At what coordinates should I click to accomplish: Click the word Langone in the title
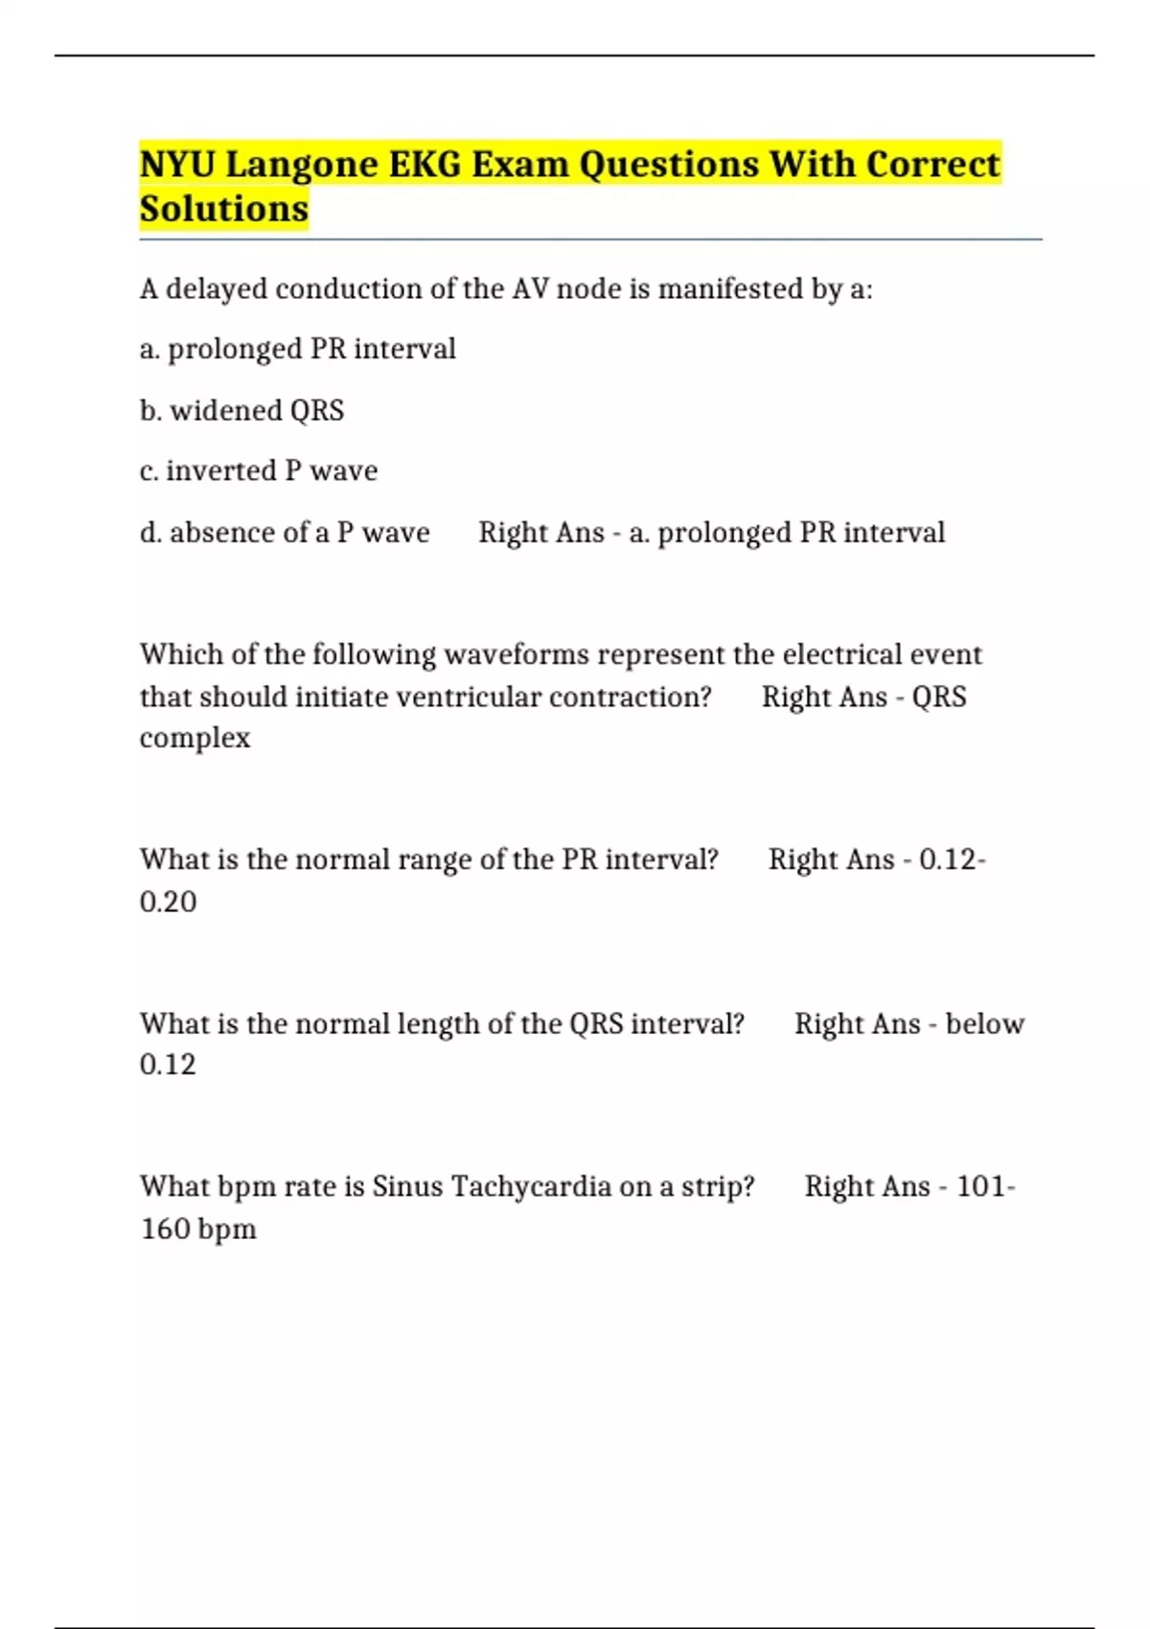click(302, 165)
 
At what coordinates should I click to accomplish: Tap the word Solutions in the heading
click(224, 209)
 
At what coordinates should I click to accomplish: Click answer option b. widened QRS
click(241, 410)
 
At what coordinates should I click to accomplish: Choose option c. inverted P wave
click(259, 470)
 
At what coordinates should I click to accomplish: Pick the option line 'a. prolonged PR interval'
click(297, 349)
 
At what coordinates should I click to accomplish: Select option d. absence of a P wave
click(285, 532)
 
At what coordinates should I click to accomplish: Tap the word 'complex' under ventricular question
click(195, 738)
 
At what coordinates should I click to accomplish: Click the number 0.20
click(168, 902)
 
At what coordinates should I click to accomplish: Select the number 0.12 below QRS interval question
click(168, 1065)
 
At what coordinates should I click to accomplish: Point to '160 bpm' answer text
click(198, 1228)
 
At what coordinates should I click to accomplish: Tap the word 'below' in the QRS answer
click(984, 1023)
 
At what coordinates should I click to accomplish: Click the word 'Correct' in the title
click(932, 165)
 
